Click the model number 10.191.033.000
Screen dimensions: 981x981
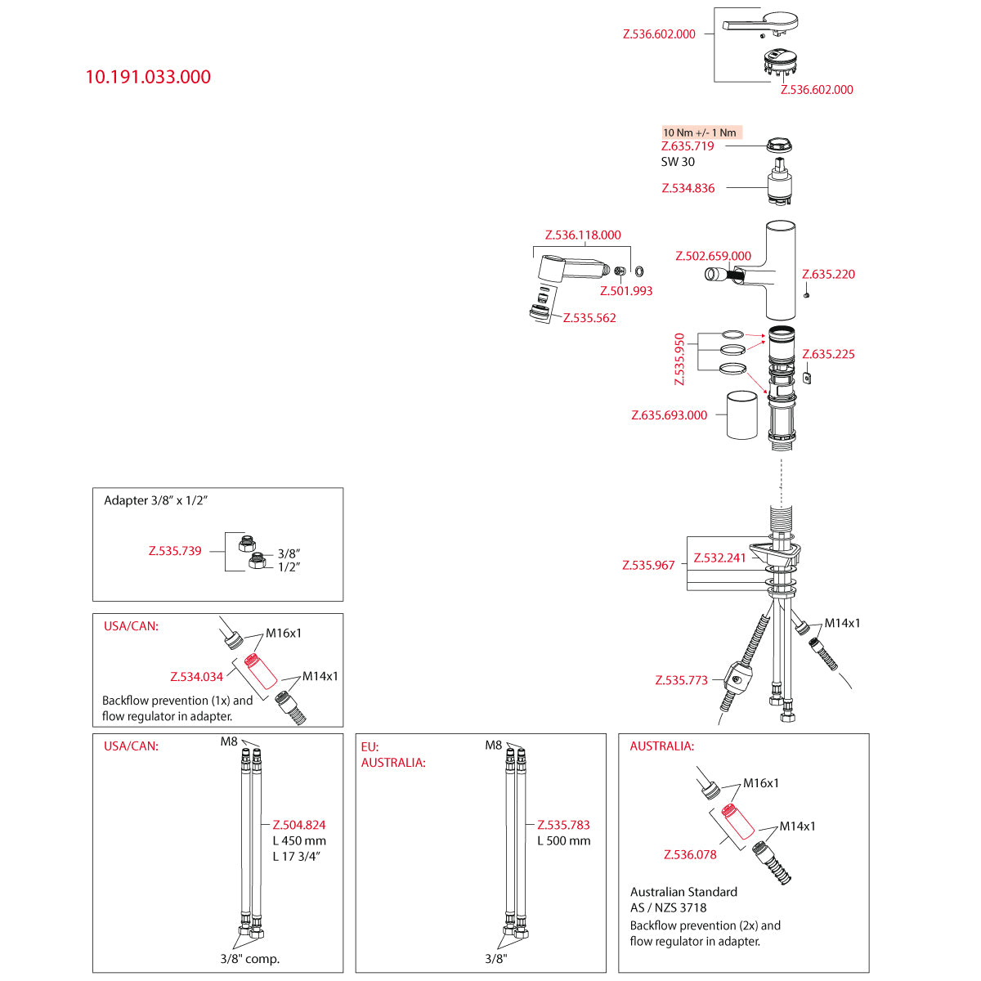tap(148, 77)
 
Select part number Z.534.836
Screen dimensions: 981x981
tap(688, 188)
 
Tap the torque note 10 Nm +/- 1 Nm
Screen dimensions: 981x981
tap(700, 132)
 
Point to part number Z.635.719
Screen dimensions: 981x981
tap(687, 146)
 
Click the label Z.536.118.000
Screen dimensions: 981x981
tap(583, 235)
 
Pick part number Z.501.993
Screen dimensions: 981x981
tap(625, 291)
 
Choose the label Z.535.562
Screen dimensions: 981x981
tap(589, 318)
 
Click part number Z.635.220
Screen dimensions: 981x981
tap(828, 275)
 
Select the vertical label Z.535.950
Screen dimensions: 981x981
tap(679, 359)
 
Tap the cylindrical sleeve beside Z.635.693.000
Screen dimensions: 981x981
tap(741, 415)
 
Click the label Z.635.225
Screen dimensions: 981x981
tap(828, 355)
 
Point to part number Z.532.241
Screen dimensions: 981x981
tap(719, 558)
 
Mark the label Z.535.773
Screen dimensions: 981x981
tap(681, 680)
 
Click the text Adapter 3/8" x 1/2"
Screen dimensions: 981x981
tap(156, 500)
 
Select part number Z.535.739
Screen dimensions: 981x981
tap(175, 551)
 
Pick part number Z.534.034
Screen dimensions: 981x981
tap(196, 677)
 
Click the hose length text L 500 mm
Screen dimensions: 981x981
tap(563, 841)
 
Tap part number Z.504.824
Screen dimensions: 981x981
tap(299, 826)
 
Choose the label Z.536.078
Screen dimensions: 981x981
tap(690, 855)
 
